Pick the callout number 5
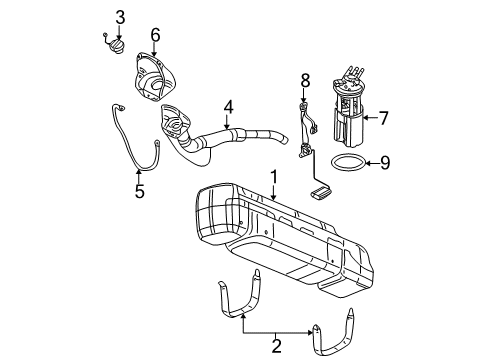click(139, 191)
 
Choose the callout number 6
click(155, 36)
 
